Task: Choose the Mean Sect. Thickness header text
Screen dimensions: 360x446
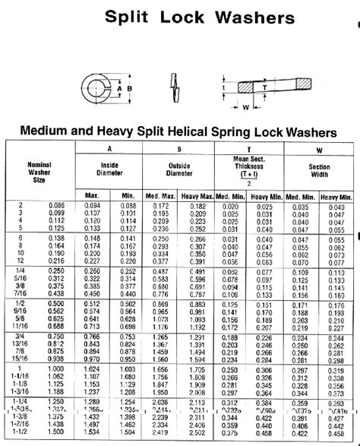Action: point(249,162)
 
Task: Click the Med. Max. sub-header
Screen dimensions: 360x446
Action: point(161,196)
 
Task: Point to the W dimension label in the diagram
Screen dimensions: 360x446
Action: point(246,106)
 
